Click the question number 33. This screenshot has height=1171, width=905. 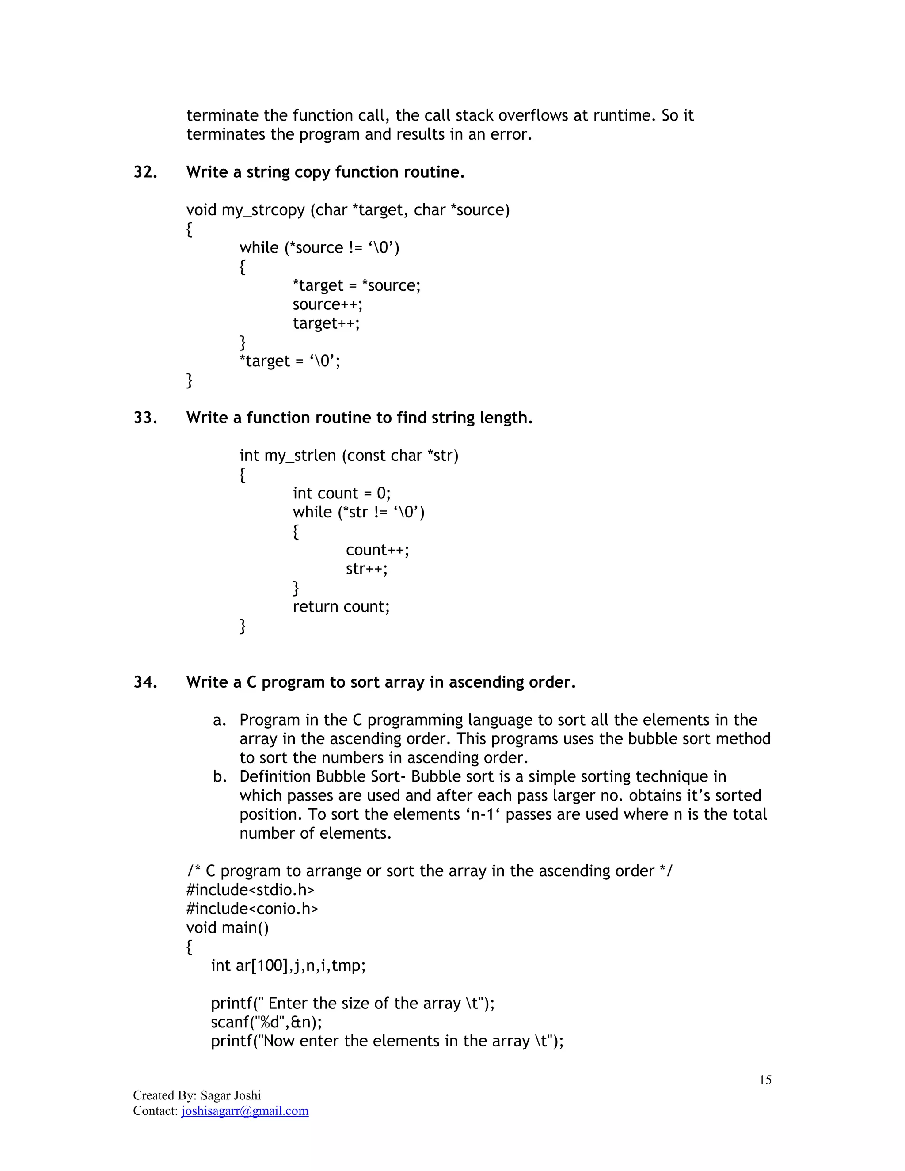[145, 418]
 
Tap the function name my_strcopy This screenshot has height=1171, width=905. [263, 210]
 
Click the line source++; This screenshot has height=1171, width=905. [327, 304]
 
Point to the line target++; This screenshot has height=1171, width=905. [326, 323]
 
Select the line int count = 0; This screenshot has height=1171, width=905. [342, 493]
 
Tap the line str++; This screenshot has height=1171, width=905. [367, 569]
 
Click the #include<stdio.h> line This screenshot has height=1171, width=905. [251, 890]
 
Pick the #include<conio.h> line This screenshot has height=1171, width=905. [252, 909]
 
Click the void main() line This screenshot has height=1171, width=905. [227, 928]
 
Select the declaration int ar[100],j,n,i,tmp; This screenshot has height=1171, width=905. [288, 966]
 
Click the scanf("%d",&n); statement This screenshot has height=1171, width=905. [266, 1023]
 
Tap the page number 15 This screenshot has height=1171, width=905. [765, 1080]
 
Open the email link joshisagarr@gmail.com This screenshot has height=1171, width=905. [245, 1110]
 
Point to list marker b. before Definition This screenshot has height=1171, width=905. [219, 777]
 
